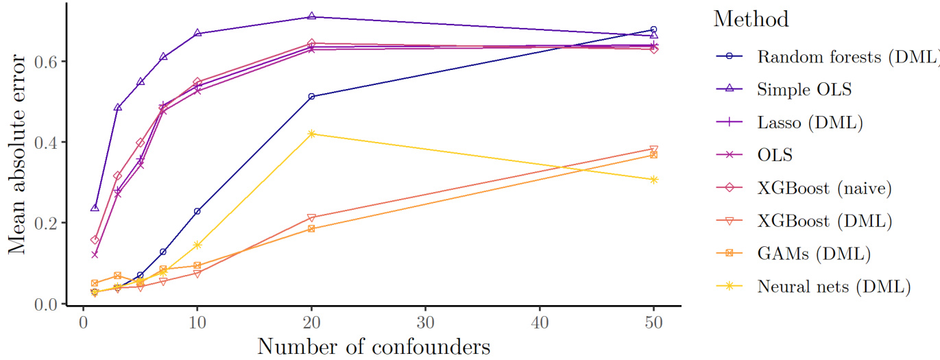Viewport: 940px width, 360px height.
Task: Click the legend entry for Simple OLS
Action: (796, 89)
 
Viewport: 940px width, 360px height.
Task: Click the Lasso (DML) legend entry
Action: (806, 122)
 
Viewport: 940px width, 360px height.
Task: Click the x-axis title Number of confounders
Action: (374, 346)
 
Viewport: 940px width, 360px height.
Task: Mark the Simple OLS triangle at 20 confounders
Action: (311, 16)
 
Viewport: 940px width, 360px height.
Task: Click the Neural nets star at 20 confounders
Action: (311, 134)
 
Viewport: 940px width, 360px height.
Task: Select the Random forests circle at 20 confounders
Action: (311, 97)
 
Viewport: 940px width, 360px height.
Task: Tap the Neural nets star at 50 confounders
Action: (653, 180)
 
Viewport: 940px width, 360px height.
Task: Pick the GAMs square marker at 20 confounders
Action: (311, 228)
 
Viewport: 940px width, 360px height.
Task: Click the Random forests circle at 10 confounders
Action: (197, 211)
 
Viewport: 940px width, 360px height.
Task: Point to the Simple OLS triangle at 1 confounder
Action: (95, 208)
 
